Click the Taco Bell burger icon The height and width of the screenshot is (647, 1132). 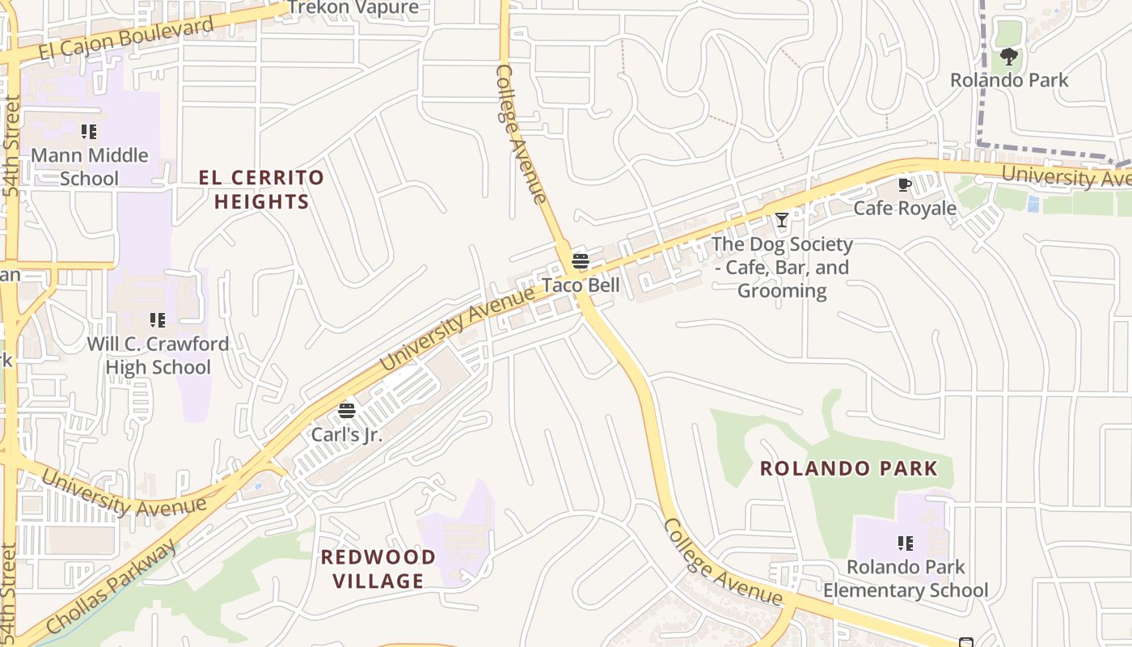[x=581, y=261]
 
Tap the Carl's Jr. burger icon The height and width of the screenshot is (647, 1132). [x=347, y=411]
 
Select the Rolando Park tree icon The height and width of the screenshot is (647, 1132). [x=1008, y=57]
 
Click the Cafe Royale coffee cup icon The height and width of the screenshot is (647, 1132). [x=905, y=185]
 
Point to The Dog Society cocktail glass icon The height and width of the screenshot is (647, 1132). [x=782, y=220]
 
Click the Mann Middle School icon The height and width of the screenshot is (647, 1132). [x=89, y=132]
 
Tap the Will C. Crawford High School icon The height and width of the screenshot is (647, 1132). [x=158, y=320]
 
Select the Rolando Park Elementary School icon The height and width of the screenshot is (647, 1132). [x=906, y=543]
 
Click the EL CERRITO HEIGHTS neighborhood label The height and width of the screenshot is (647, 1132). [x=262, y=189]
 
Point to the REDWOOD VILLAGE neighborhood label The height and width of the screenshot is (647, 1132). [x=378, y=569]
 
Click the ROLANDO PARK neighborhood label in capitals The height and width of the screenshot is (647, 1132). [x=849, y=468]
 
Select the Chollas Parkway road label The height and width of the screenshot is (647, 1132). [x=111, y=589]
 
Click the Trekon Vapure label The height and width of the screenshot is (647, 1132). [x=353, y=8]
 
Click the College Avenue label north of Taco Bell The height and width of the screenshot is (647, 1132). [x=521, y=133]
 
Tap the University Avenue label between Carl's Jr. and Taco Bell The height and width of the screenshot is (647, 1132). [x=458, y=328]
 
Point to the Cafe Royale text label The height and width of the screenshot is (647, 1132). [x=905, y=209]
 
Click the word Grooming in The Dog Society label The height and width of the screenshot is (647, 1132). [x=782, y=290]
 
